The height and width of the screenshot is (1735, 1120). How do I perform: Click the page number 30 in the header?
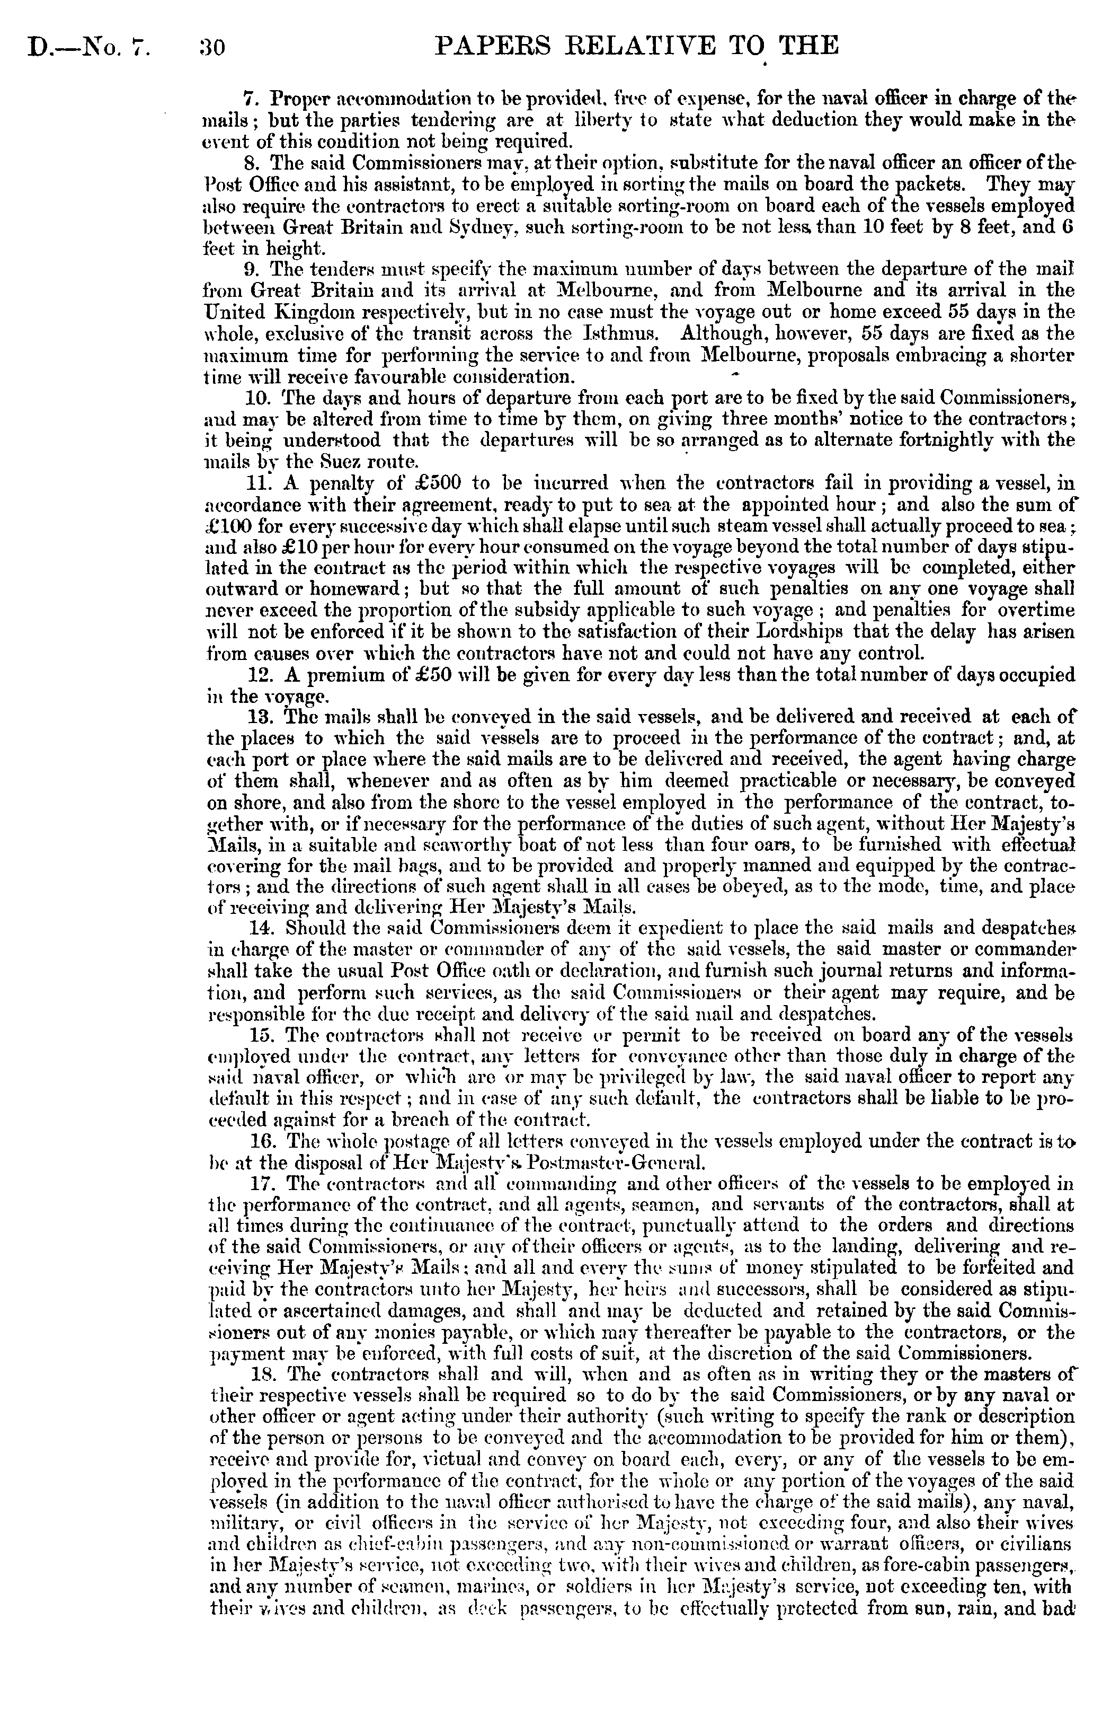[x=211, y=49]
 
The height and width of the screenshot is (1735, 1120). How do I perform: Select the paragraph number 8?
[x=254, y=162]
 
